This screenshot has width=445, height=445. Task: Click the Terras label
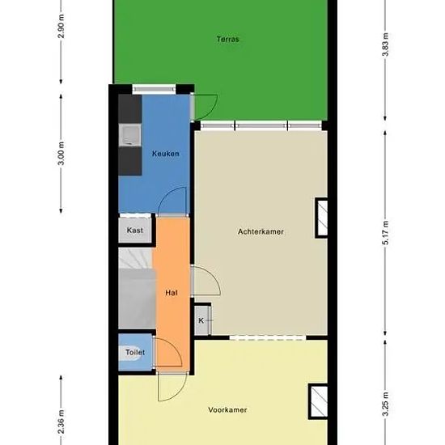(228, 39)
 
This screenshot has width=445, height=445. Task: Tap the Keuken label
(166, 154)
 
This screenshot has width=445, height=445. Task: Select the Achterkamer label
(261, 231)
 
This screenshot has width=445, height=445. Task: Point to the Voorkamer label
(227, 410)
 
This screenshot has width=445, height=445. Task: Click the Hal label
(172, 293)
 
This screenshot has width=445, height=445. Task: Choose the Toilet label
(135, 352)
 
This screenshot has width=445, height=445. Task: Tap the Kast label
(135, 230)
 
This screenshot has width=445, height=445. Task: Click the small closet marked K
(202, 320)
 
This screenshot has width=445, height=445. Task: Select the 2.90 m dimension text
(61, 26)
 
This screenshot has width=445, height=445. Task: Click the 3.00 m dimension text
(61, 153)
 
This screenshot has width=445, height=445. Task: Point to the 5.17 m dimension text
(386, 232)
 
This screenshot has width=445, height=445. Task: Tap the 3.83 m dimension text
(386, 44)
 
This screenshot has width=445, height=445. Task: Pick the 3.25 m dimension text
(386, 404)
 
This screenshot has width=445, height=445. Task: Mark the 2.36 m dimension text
(61, 422)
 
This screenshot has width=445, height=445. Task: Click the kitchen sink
(130, 135)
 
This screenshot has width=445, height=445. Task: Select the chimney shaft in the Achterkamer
(321, 218)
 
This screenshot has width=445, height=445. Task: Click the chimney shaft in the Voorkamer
(318, 401)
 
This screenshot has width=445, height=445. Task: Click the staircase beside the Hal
(137, 288)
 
